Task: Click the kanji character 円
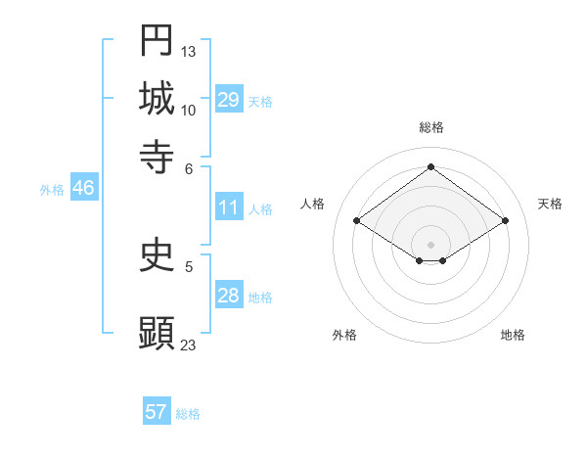(x=157, y=40)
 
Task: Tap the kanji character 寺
(x=157, y=156)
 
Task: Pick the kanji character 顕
(x=157, y=333)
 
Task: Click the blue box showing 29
(x=229, y=100)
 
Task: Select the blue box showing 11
(x=229, y=207)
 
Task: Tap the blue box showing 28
(x=229, y=296)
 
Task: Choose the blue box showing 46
(x=83, y=189)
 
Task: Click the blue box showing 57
(x=156, y=412)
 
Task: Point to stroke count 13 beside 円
(x=189, y=51)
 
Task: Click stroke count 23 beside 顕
(x=189, y=345)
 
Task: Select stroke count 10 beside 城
(x=189, y=110)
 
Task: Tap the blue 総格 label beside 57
(x=188, y=414)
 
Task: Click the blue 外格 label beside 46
(x=51, y=191)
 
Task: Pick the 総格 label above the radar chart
(x=430, y=127)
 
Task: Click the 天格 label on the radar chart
(x=550, y=204)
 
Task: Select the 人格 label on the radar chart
(x=313, y=204)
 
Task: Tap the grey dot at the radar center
(x=430, y=244)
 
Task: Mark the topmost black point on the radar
(x=430, y=166)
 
